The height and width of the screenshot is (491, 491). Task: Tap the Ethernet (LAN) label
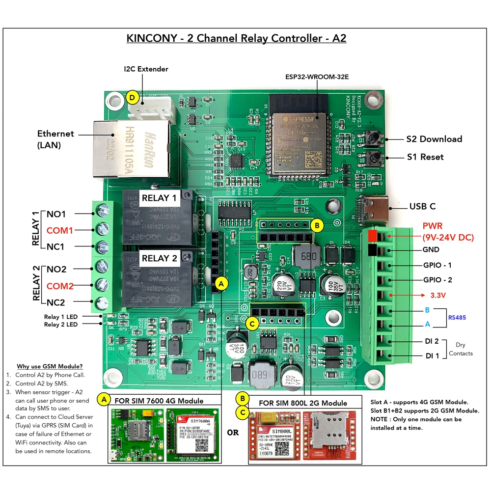tap(55, 139)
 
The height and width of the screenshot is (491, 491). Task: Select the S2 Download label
tap(434, 139)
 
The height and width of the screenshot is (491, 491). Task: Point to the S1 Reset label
tap(425, 157)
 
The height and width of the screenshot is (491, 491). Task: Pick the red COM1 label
tap(60, 230)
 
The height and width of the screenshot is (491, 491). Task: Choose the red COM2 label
tap(60, 286)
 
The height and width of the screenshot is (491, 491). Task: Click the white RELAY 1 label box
tap(159, 198)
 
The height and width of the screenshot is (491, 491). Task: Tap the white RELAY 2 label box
tap(159, 258)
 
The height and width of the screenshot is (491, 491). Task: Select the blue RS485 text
tap(457, 318)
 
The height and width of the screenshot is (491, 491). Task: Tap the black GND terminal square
tap(372, 251)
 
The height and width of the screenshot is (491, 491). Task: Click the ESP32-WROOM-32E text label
tap(317, 77)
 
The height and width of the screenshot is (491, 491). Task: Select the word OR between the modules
tap(234, 433)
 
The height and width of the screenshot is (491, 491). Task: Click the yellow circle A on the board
tap(222, 283)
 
